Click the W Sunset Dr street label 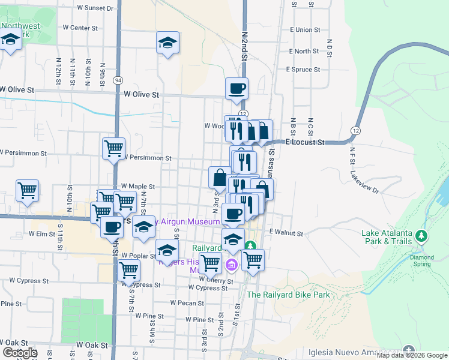coord(95,8)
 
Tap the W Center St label coord(79,28)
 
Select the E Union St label coord(304,29)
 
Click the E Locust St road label coord(304,143)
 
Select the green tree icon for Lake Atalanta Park coord(423,236)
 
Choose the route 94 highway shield coord(118,80)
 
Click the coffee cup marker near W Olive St coord(236,88)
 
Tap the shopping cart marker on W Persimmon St coord(113,148)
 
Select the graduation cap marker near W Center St coord(167,43)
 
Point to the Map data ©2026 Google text coord(412,355)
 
